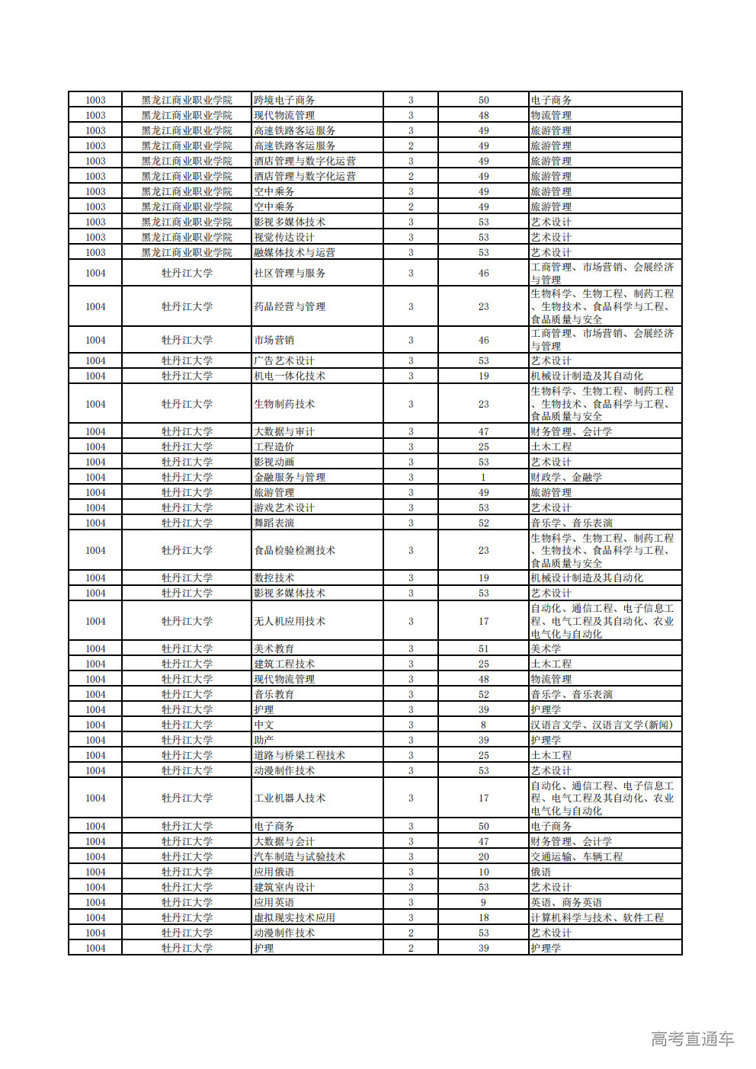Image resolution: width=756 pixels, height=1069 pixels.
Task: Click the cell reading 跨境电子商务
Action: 284,100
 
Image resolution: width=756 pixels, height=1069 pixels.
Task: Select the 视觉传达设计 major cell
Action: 284,237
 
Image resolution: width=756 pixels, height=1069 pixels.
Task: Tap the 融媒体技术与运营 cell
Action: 294,252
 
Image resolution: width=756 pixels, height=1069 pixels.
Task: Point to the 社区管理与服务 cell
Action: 290,273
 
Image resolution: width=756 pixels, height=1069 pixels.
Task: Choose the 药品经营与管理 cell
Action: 290,306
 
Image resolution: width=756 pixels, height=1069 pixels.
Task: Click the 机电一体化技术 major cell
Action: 290,376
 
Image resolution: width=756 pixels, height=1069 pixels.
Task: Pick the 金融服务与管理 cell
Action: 290,477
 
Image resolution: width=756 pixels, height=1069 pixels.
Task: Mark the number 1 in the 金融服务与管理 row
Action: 483,477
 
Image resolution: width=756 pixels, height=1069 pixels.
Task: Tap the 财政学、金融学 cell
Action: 566,477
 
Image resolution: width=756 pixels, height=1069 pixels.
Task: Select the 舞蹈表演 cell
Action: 274,523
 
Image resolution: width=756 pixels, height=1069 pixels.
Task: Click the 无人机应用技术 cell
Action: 290,621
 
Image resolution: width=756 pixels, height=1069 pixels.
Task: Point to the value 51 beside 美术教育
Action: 483,648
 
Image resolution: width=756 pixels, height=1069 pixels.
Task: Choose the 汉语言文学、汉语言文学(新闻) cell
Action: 602,725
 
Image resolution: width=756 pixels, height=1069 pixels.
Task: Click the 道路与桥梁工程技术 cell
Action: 300,755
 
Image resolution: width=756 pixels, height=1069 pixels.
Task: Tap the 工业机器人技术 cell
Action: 290,798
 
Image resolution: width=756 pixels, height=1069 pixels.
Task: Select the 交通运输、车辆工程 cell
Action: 577,856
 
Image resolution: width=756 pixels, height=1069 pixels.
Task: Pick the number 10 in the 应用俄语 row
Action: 483,872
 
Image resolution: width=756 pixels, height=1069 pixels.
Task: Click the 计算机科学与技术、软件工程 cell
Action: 597,917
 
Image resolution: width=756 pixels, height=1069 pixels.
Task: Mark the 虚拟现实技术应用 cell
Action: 294,917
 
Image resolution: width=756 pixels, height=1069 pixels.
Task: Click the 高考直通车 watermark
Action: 692,1039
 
